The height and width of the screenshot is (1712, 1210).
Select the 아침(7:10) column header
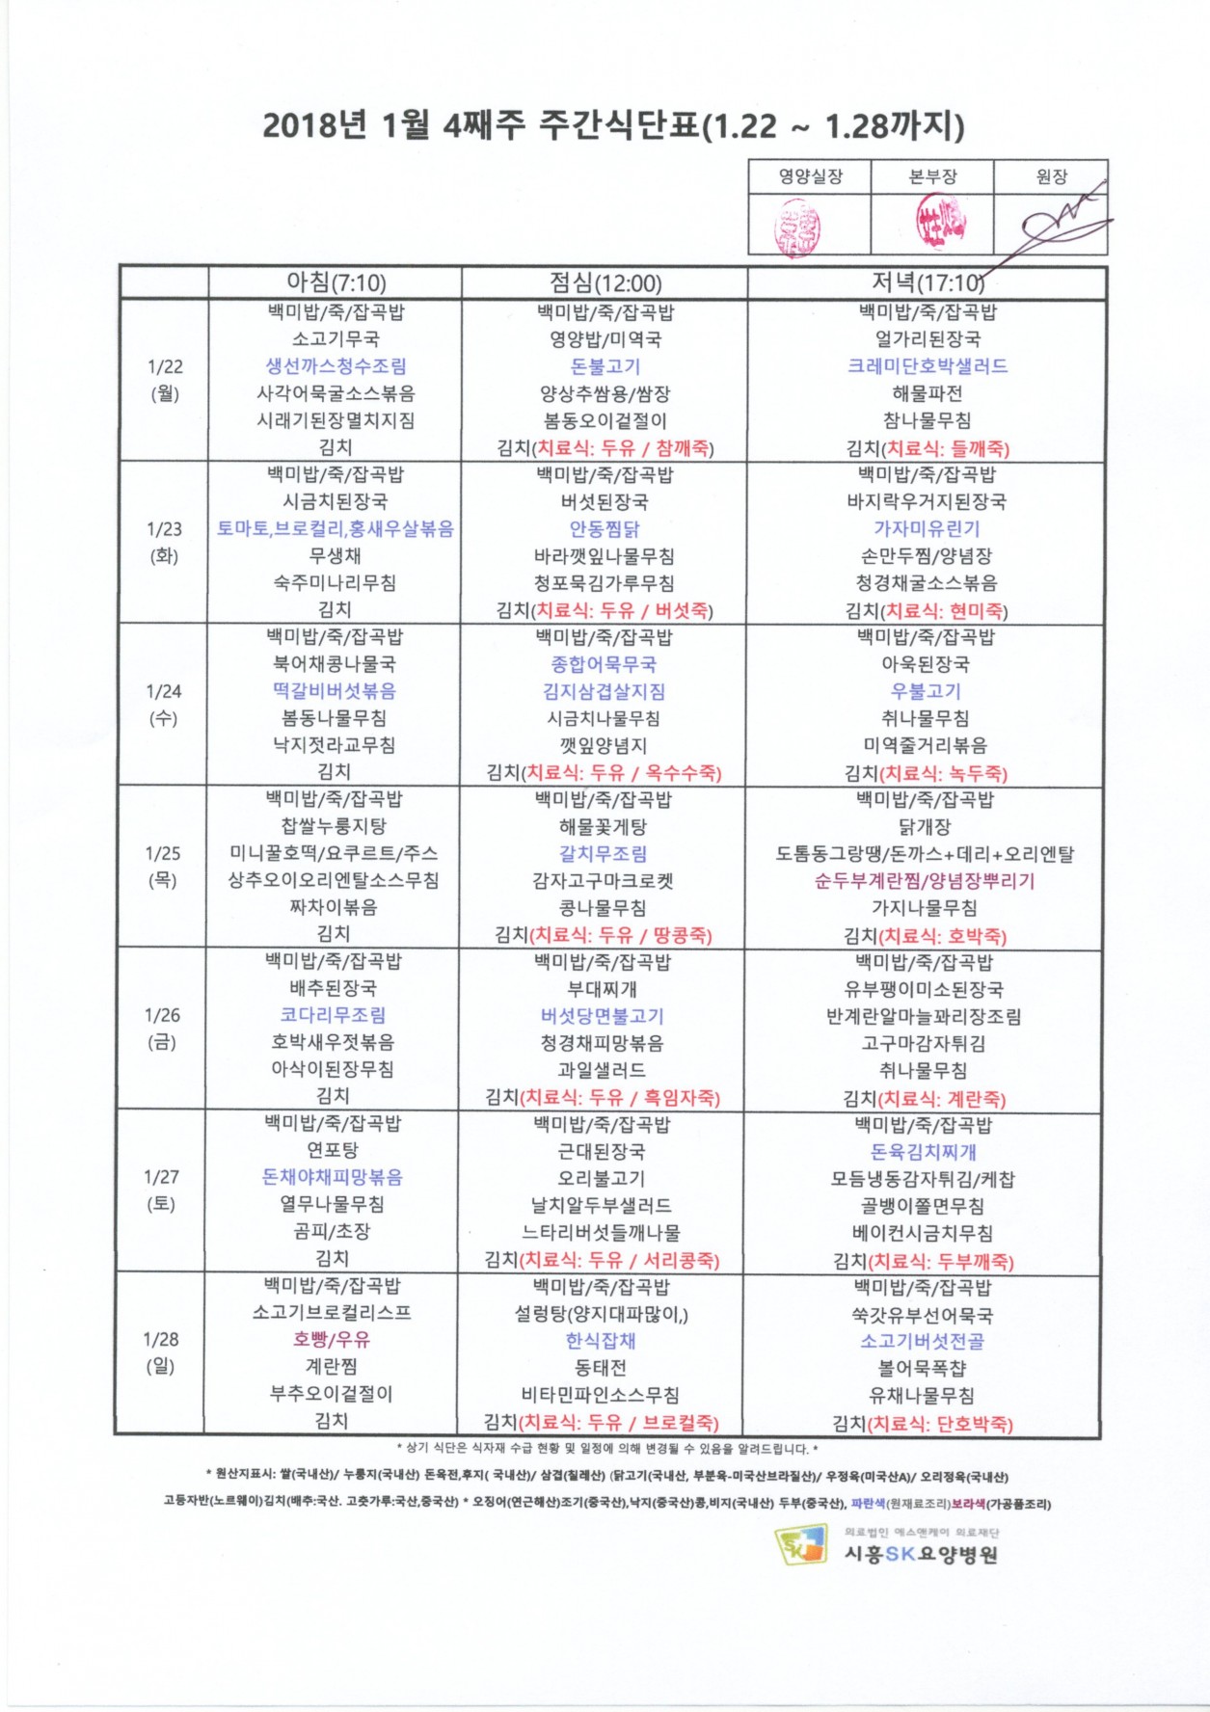click(x=336, y=282)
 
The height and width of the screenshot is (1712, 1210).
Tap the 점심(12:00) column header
click(x=605, y=282)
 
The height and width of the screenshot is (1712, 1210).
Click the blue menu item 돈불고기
click(x=605, y=367)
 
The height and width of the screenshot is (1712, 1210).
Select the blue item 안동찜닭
click(x=605, y=529)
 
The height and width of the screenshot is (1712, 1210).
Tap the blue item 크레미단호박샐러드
click(x=927, y=366)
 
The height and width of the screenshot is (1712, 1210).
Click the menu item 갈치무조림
click(x=603, y=854)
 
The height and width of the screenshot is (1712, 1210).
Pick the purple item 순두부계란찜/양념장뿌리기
click(x=924, y=881)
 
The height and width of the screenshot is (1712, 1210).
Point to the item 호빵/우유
click(x=332, y=1340)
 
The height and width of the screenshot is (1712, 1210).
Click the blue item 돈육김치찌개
click(x=923, y=1152)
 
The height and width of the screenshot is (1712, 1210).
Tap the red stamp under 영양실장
click(x=797, y=227)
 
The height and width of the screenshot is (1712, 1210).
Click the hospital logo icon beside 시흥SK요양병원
click(x=801, y=1544)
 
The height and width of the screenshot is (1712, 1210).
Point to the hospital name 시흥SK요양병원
click(x=921, y=1553)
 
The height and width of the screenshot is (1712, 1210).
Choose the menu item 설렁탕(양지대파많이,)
click(x=601, y=1314)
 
